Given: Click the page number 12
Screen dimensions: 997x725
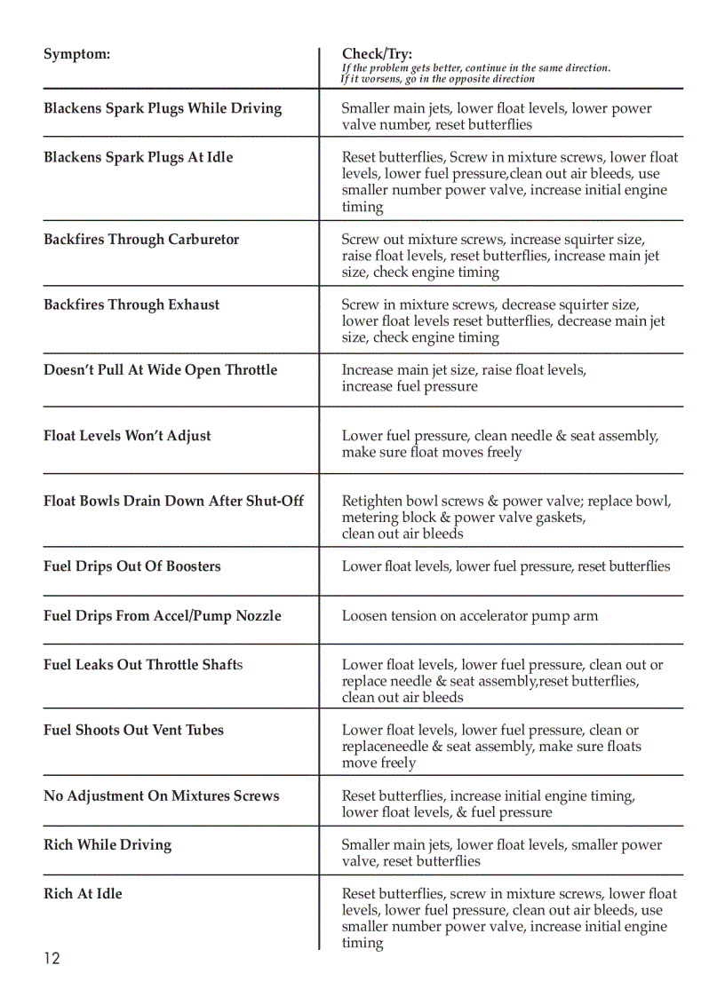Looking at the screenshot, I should [x=52, y=959].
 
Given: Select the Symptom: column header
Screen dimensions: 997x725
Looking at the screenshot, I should [x=77, y=54].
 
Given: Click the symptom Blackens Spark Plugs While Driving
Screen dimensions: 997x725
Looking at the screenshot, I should [x=163, y=108].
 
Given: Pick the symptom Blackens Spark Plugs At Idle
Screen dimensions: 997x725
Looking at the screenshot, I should [x=138, y=157].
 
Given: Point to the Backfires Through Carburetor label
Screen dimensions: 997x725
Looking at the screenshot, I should [x=141, y=239].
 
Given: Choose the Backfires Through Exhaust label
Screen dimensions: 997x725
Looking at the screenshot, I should [x=131, y=305].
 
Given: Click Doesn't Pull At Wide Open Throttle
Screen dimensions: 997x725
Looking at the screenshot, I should [x=160, y=370].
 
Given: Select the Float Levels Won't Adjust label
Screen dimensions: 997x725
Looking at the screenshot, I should [x=127, y=436].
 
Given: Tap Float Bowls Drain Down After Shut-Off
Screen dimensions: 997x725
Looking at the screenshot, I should [x=173, y=501].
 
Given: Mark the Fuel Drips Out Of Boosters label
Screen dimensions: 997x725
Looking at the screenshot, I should [x=132, y=566].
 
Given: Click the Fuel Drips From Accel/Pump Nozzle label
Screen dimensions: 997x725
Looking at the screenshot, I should [x=163, y=616].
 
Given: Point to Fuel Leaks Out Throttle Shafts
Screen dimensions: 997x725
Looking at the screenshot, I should [x=143, y=665].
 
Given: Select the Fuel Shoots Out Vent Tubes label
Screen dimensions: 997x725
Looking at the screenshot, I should [x=133, y=730].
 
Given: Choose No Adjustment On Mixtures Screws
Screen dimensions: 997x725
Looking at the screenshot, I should [x=161, y=796].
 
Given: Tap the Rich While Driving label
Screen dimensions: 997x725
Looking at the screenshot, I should [x=108, y=844].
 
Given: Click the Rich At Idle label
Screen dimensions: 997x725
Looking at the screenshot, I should [x=83, y=894].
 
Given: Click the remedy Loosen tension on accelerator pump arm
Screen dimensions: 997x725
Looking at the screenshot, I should [x=470, y=616].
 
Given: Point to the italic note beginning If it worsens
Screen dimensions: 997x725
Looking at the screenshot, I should [x=437, y=79].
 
